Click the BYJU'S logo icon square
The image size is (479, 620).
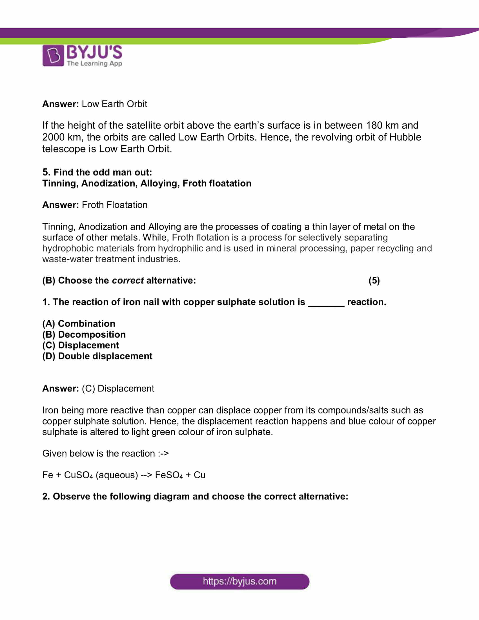pos(53,55)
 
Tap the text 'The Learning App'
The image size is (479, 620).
pos(94,63)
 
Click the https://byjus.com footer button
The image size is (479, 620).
pos(239,581)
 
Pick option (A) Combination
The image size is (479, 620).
pos(79,324)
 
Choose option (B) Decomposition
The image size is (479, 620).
pos(84,335)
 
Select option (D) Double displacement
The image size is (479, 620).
pos(97,356)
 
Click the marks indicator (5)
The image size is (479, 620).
pos(374,280)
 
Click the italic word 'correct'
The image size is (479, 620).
pos(128,280)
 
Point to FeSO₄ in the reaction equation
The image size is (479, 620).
pos(169,475)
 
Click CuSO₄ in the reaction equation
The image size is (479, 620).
pos(78,475)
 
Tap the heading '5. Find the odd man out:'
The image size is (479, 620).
pos(97,172)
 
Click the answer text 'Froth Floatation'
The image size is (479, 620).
pos(115,205)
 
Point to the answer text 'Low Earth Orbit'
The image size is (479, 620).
pos(114,104)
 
